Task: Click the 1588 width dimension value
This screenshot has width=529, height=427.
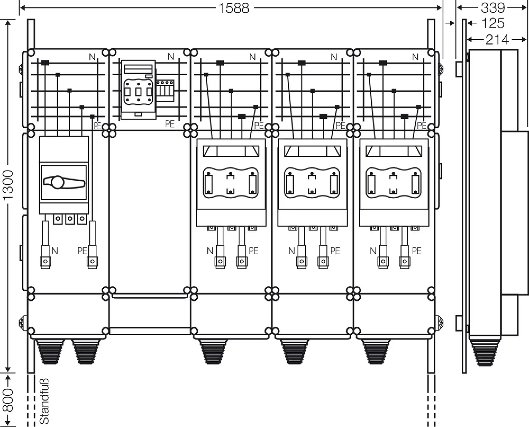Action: click(x=234, y=8)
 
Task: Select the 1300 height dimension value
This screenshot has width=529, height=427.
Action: click(x=8, y=185)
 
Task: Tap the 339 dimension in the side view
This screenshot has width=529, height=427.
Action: click(x=493, y=8)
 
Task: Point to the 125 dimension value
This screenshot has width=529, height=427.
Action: click(x=493, y=23)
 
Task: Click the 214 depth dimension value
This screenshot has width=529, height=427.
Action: click(x=497, y=40)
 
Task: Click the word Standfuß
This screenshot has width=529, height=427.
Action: click(x=44, y=401)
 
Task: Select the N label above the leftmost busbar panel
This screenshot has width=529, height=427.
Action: click(x=92, y=57)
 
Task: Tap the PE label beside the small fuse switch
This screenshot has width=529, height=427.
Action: click(x=170, y=124)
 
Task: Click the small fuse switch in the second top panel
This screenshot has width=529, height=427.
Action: click(x=138, y=90)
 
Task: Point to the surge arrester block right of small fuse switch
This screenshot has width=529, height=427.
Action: click(x=165, y=91)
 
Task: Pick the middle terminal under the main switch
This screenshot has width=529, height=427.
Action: click(x=70, y=219)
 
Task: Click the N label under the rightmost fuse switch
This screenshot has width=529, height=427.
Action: click(x=373, y=251)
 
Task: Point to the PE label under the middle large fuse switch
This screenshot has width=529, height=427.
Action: click(x=335, y=251)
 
